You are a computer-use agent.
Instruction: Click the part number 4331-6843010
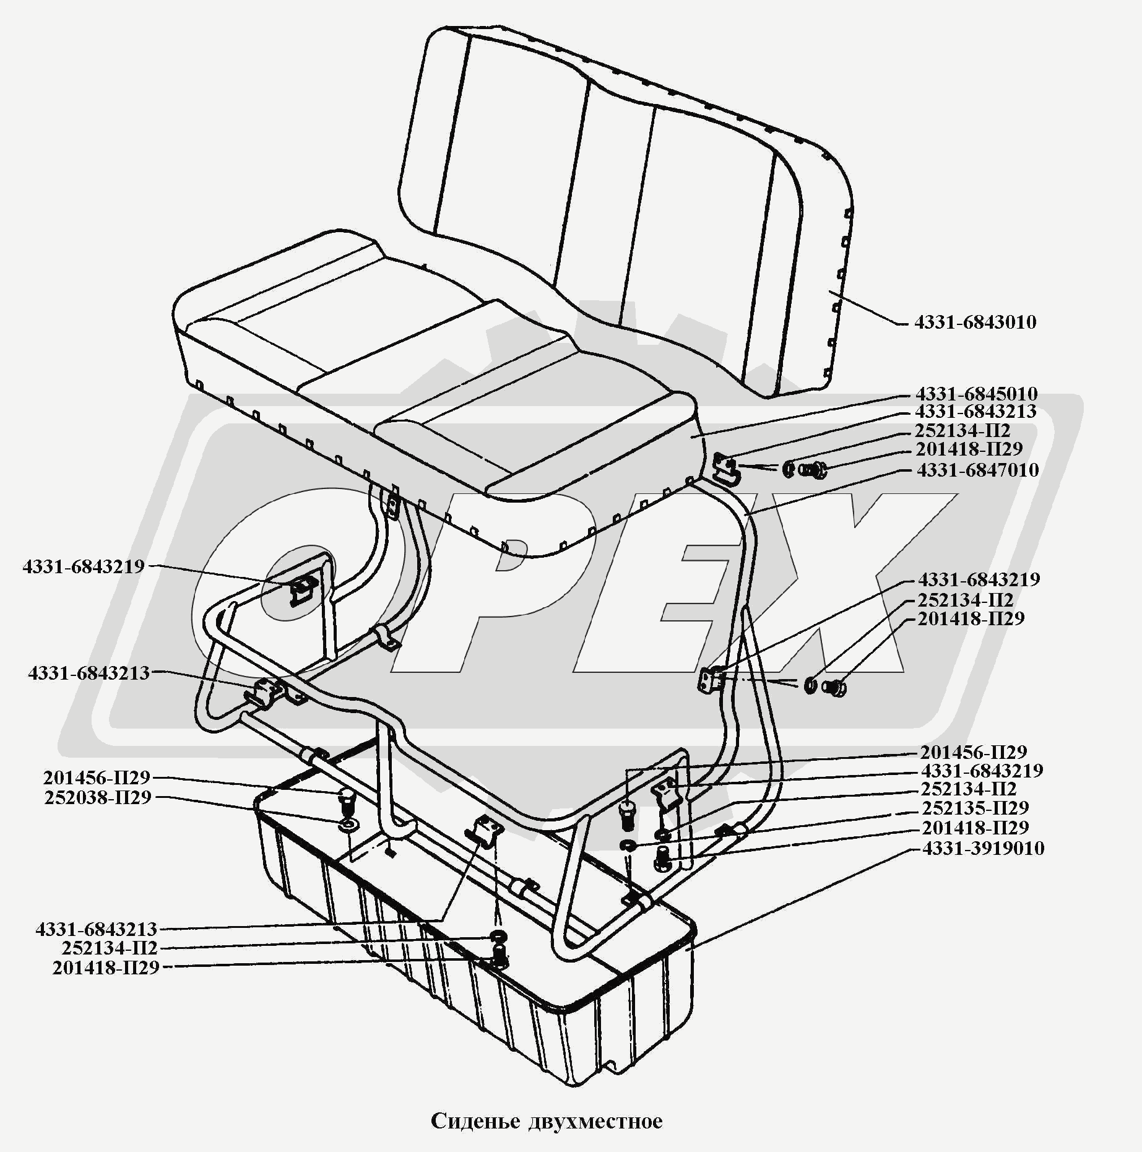pyautogui.click(x=975, y=323)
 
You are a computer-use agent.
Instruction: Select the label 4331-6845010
pyautogui.click(x=976, y=394)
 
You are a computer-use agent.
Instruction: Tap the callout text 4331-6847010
pyautogui.click(x=977, y=470)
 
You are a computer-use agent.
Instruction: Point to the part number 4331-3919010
pyautogui.click(x=983, y=848)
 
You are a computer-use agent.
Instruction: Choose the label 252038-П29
pyautogui.click(x=98, y=798)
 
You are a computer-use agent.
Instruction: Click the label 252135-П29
pyautogui.click(x=975, y=808)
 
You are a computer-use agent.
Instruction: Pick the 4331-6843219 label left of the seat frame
pyautogui.click(x=84, y=566)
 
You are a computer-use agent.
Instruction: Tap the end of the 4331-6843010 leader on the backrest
pyautogui.click(x=830, y=291)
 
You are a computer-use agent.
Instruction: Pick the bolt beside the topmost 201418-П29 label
pyautogui.click(x=813, y=470)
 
